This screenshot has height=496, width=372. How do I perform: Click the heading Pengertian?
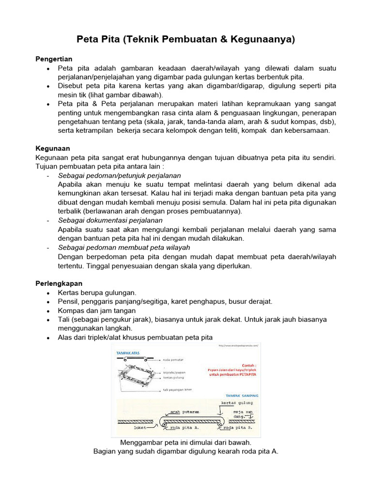click(x=54, y=59)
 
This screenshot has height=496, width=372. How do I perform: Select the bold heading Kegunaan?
click(x=52, y=149)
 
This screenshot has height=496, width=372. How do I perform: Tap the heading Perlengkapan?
click(x=59, y=283)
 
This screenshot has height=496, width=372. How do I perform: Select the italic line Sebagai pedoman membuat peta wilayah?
click(x=124, y=248)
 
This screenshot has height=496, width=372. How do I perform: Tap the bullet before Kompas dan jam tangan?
click(x=48, y=311)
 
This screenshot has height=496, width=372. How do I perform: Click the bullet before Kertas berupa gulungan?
click(x=48, y=293)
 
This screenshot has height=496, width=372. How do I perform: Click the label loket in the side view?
click(x=140, y=428)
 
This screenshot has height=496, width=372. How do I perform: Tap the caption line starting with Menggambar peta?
click(x=186, y=443)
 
